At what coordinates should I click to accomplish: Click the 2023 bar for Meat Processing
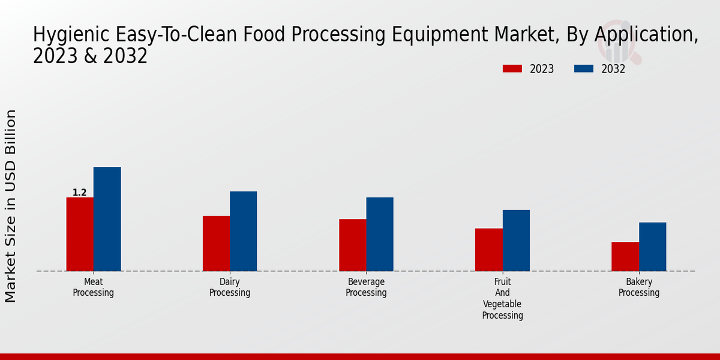[80, 234]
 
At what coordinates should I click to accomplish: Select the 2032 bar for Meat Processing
[107, 219]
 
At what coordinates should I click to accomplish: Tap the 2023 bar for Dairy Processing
[216, 243]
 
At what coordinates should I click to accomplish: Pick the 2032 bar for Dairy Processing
[243, 231]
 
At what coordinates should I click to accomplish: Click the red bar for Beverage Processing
[352, 245]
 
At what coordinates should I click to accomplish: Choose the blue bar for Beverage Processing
[380, 234]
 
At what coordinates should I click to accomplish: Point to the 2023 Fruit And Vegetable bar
[488, 250]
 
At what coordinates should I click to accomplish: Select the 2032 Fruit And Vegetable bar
[516, 240]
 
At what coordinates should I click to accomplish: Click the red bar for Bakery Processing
[625, 256]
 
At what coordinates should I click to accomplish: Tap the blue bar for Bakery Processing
[652, 247]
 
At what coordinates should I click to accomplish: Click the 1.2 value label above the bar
[80, 193]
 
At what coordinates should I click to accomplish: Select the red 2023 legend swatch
[512, 69]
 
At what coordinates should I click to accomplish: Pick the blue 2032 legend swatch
[583, 69]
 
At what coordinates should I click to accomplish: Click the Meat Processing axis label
[94, 287]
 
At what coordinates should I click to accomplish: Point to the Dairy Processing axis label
[230, 287]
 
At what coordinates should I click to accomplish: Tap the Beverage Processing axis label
[366, 287]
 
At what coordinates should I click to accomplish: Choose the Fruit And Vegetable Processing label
[503, 298]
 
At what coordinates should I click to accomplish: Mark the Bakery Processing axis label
[639, 287]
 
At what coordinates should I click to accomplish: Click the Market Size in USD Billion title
[11, 206]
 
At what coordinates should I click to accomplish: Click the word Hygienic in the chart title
[64, 35]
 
